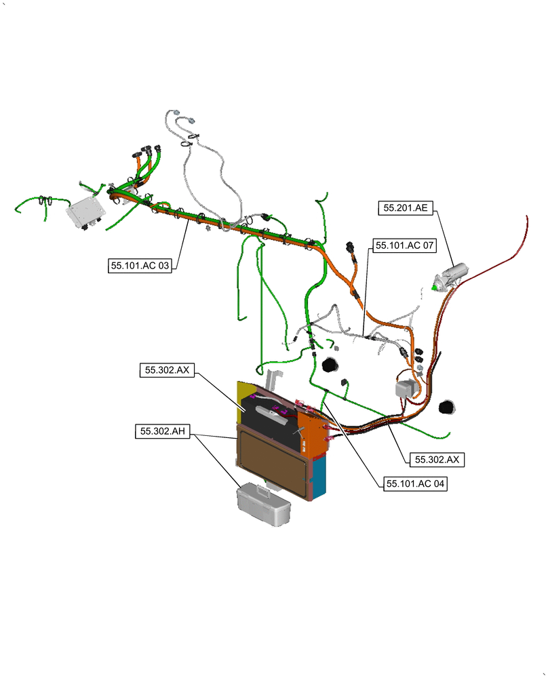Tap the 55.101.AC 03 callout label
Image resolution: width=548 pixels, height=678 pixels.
140,266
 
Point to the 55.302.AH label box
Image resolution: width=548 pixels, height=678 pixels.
163,431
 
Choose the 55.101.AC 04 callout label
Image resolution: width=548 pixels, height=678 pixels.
415,484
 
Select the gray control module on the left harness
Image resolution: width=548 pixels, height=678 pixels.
85,214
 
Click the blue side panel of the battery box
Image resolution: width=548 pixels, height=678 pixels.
320,475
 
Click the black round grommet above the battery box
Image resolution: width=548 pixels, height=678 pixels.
330,365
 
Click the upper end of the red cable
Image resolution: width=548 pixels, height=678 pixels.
527,217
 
